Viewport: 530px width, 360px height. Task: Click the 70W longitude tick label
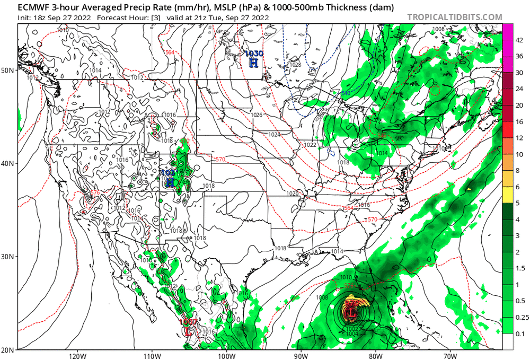click(450, 355)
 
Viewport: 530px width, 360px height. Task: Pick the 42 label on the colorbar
click(520, 39)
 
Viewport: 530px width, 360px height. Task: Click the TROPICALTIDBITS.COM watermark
click(454, 17)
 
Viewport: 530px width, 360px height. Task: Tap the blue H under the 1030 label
click(254, 63)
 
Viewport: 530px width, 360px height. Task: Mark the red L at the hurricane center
click(351, 313)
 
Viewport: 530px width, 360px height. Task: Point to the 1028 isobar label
click(295, 65)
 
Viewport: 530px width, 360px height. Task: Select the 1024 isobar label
click(275, 135)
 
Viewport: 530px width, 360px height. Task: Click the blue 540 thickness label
click(346, 93)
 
